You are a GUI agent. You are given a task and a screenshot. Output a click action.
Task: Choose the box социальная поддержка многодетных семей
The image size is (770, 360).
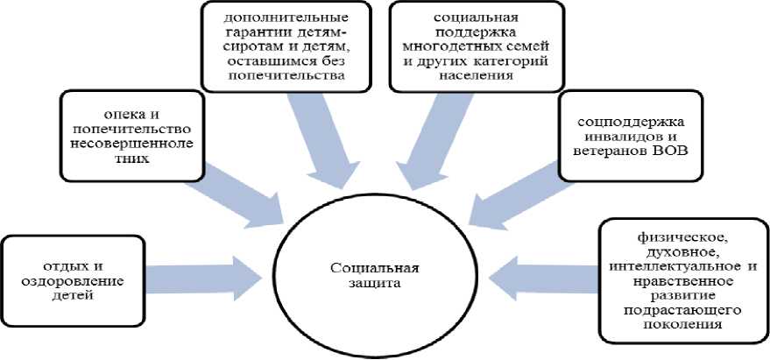tap(463, 46)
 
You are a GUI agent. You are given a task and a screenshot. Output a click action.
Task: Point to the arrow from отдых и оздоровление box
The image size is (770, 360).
tap(201, 267)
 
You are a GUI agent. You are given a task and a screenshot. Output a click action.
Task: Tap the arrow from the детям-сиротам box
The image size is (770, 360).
tap(324, 140)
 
